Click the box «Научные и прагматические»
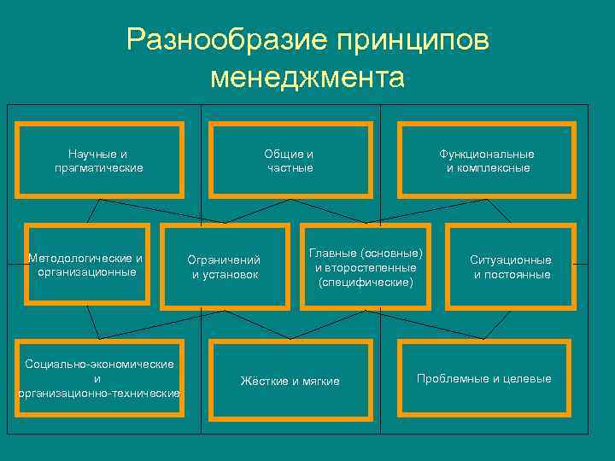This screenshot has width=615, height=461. click(x=98, y=160)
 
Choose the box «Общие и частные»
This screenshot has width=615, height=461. click(x=290, y=160)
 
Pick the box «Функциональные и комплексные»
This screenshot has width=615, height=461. click(x=487, y=160)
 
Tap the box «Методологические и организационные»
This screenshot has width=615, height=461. click(x=86, y=265)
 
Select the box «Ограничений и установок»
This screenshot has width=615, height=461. click(x=225, y=266)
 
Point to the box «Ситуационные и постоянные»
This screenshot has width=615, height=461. click(x=511, y=266)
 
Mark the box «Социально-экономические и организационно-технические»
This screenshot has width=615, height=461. click(x=98, y=378)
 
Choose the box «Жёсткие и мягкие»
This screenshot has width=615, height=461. click(x=290, y=381)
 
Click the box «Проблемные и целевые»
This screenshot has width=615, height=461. click(x=483, y=378)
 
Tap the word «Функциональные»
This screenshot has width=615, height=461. click(x=487, y=154)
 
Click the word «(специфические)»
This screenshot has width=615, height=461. click(x=366, y=281)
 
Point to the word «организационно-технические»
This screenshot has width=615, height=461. click(x=98, y=393)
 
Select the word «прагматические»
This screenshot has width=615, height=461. click(x=98, y=167)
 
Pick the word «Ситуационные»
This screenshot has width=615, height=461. click(x=511, y=260)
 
